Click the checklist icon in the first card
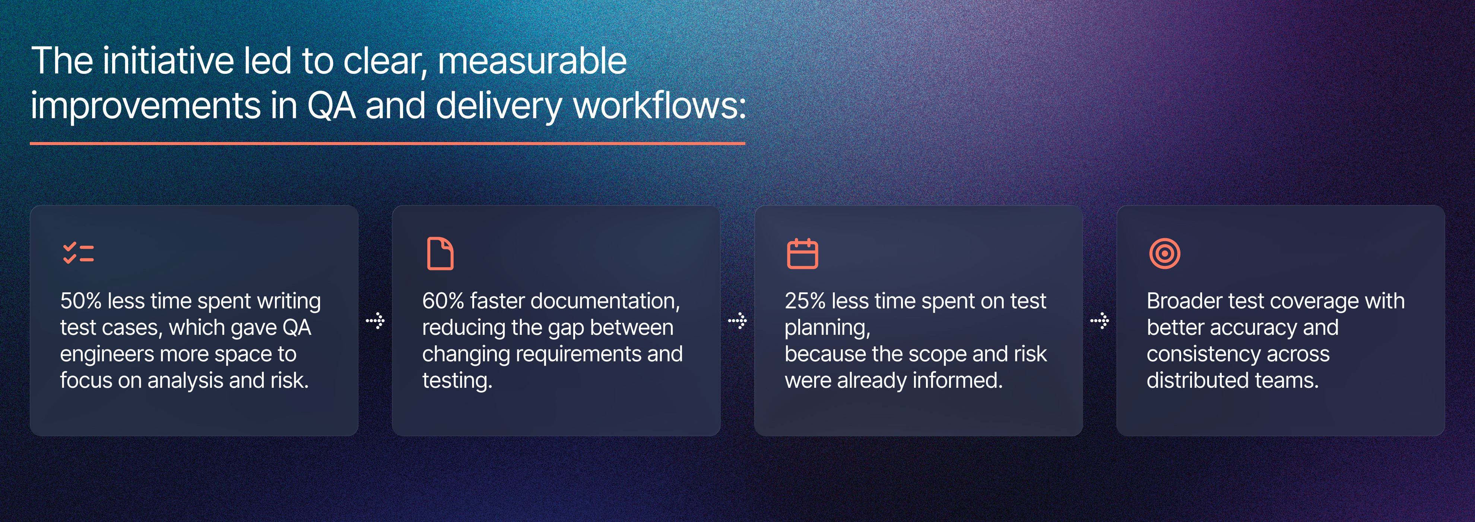click(79, 253)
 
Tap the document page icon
click(440, 253)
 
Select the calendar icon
click(802, 253)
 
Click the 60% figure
click(442, 301)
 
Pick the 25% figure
click(805, 301)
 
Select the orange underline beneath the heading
click(387, 143)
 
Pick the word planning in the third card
click(826, 328)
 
